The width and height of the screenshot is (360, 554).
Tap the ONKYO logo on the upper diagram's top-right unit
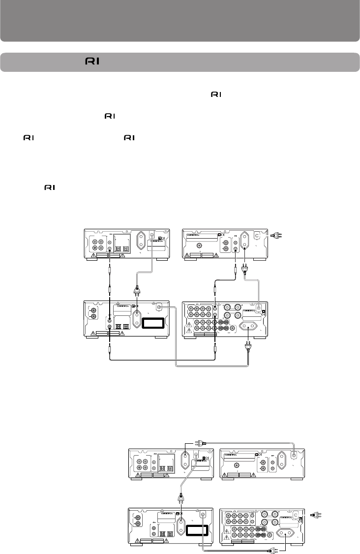click(195, 235)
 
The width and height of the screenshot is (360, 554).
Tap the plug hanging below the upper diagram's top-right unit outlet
click(244, 270)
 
